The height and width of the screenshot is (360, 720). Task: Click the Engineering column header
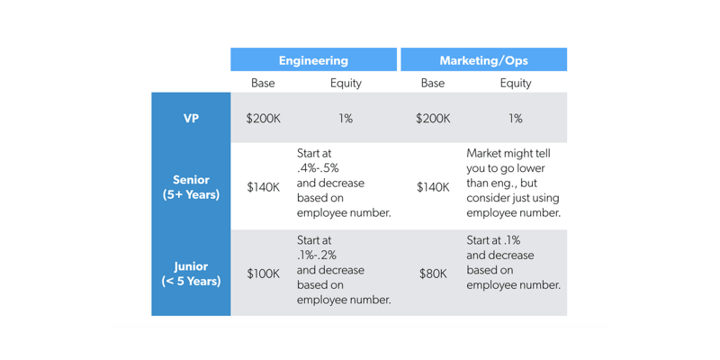click(313, 60)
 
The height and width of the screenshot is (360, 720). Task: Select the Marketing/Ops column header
click(483, 60)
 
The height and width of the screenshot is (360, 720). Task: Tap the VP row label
click(191, 118)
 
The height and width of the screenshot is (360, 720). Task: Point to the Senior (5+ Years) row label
click(191, 186)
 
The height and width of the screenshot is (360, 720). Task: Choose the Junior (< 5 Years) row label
click(191, 273)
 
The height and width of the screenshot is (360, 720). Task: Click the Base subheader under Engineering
click(263, 83)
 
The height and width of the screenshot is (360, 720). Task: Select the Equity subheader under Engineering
click(346, 83)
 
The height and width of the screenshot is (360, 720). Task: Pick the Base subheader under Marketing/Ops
click(432, 83)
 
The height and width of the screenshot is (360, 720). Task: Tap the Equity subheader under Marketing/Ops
click(516, 83)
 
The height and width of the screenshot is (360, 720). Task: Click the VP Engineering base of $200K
click(263, 118)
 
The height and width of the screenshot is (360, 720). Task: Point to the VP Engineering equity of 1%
click(346, 118)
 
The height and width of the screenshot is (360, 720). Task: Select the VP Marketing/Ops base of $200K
click(433, 118)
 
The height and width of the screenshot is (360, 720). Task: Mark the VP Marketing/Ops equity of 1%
click(516, 118)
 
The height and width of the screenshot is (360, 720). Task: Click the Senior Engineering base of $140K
click(263, 187)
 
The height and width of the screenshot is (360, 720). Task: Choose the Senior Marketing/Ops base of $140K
click(433, 187)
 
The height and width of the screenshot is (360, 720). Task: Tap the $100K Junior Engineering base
click(263, 274)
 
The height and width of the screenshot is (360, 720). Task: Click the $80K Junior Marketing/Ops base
click(433, 274)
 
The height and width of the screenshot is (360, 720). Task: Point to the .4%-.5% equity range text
click(318, 168)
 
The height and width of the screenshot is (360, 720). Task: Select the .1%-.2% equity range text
click(317, 255)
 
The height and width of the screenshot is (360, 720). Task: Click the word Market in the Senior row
click(487, 154)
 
